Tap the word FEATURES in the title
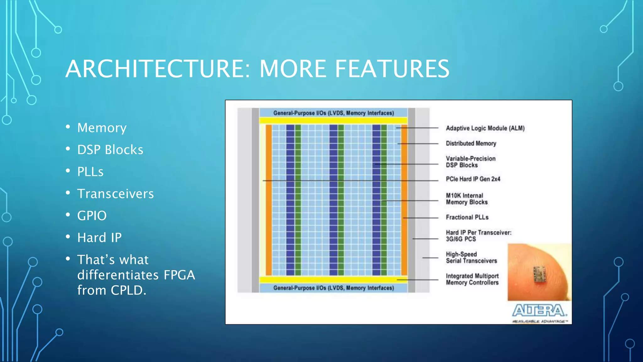click(x=392, y=69)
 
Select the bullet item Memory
click(x=102, y=128)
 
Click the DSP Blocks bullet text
click(x=110, y=150)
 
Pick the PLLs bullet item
click(x=90, y=172)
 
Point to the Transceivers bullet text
click(x=115, y=194)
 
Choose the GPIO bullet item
click(x=92, y=216)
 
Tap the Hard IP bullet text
click(x=99, y=238)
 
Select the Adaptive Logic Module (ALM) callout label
click(x=485, y=128)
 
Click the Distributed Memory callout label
click(x=471, y=144)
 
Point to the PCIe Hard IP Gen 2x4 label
click(x=473, y=179)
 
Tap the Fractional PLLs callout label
click(x=467, y=217)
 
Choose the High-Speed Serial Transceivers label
click(x=471, y=258)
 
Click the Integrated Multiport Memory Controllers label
click(x=472, y=279)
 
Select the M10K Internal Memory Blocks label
click(x=467, y=199)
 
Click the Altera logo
click(x=539, y=311)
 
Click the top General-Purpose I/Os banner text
click(x=333, y=113)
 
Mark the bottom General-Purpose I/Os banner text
click(x=333, y=288)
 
